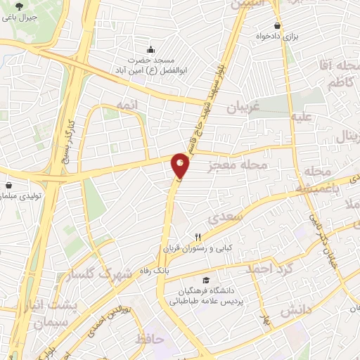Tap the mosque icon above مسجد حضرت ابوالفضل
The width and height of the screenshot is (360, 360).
point(150,49)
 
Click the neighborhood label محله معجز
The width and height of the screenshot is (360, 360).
point(239,166)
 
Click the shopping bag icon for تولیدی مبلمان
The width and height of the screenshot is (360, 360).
point(8,186)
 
